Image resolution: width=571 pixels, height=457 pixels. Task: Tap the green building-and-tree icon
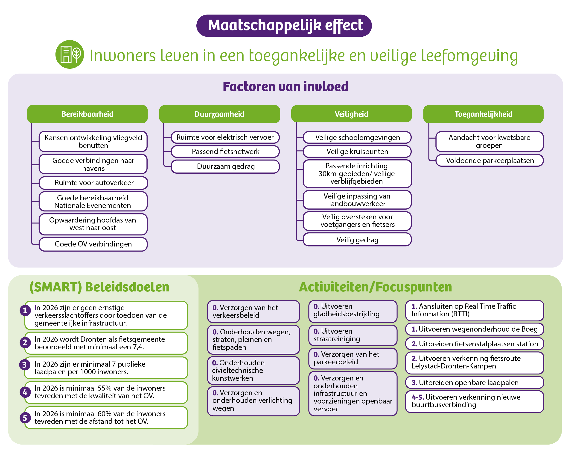(x=70, y=54)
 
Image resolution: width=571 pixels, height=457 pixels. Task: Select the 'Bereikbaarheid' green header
(x=87, y=114)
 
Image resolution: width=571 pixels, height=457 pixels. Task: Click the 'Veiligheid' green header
(x=351, y=114)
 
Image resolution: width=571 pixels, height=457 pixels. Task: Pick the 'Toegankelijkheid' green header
(x=483, y=114)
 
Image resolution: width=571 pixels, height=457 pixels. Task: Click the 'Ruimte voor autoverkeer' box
(x=93, y=183)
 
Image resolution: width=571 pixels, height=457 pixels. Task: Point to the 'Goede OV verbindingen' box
(x=93, y=244)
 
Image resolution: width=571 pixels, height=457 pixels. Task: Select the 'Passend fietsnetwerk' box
(x=225, y=151)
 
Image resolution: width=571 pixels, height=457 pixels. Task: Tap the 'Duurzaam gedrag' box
(x=225, y=166)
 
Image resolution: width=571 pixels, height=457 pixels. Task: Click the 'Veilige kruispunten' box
(x=357, y=151)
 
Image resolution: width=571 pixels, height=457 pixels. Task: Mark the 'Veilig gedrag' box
(x=357, y=240)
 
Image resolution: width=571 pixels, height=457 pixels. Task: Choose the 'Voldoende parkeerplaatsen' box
(x=490, y=160)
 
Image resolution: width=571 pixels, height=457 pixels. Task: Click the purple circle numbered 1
(x=25, y=310)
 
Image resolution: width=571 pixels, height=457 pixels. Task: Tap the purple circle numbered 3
(x=25, y=365)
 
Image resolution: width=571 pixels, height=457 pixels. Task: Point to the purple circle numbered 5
(x=25, y=418)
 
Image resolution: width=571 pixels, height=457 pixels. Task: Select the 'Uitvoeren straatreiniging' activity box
(x=353, y=335)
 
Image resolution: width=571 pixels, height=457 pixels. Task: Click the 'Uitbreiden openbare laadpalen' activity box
(x=475, y=383)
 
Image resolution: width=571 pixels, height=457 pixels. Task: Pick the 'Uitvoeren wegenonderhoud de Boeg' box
(x=475, y=329)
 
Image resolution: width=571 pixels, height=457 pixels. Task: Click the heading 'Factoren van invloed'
(x=285, y=87)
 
